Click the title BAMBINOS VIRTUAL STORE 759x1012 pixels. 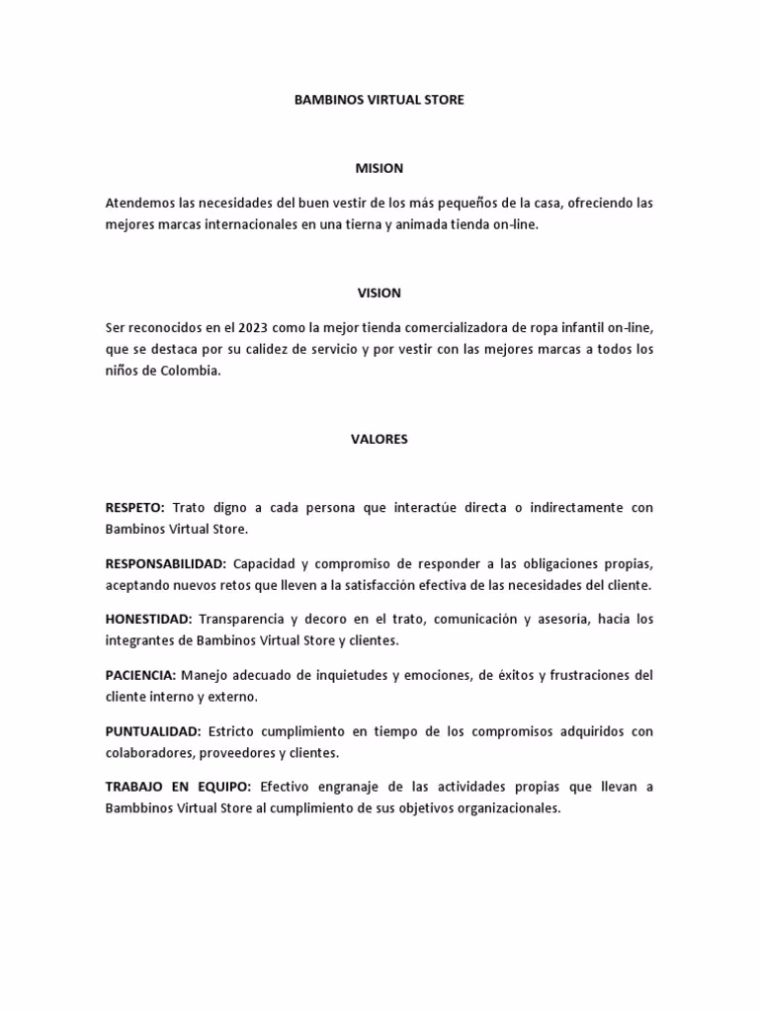[379, 101]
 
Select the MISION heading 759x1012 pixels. [379, 169]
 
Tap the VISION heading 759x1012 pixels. [379, 293]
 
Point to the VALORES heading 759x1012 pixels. [379, 440]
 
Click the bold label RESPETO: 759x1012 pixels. [135, 507]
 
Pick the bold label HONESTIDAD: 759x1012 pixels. [148, 620]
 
